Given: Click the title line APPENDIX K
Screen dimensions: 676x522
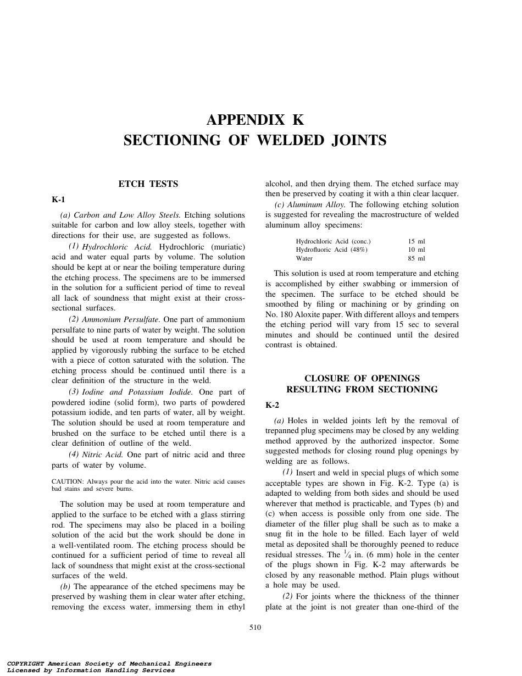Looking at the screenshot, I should point(254,120).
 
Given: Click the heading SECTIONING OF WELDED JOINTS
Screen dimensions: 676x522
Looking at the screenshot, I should point(254,141).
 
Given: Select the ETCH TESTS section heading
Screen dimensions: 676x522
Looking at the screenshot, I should point(148,184).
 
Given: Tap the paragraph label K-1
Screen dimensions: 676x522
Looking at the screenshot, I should point(58,200).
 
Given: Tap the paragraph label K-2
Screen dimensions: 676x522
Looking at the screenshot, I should point(272,405).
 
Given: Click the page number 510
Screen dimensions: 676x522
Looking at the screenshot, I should point(255,628).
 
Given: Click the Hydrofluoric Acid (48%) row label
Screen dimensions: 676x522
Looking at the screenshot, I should point(331,250).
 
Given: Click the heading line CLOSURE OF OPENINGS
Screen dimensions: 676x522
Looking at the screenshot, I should point(362,379).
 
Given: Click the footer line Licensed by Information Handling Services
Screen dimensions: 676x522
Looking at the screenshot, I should point(91,671).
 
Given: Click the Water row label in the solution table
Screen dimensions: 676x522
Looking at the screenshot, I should point(304,258).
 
